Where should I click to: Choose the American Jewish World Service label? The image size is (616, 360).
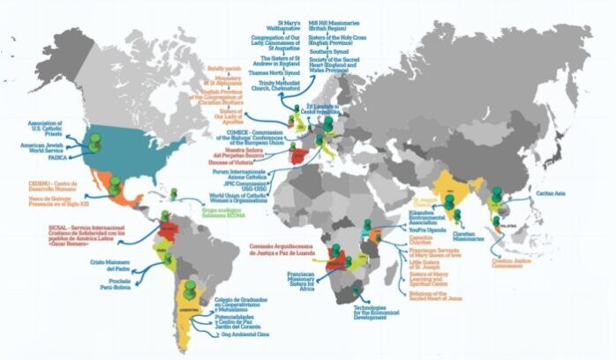tap(44, 148)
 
